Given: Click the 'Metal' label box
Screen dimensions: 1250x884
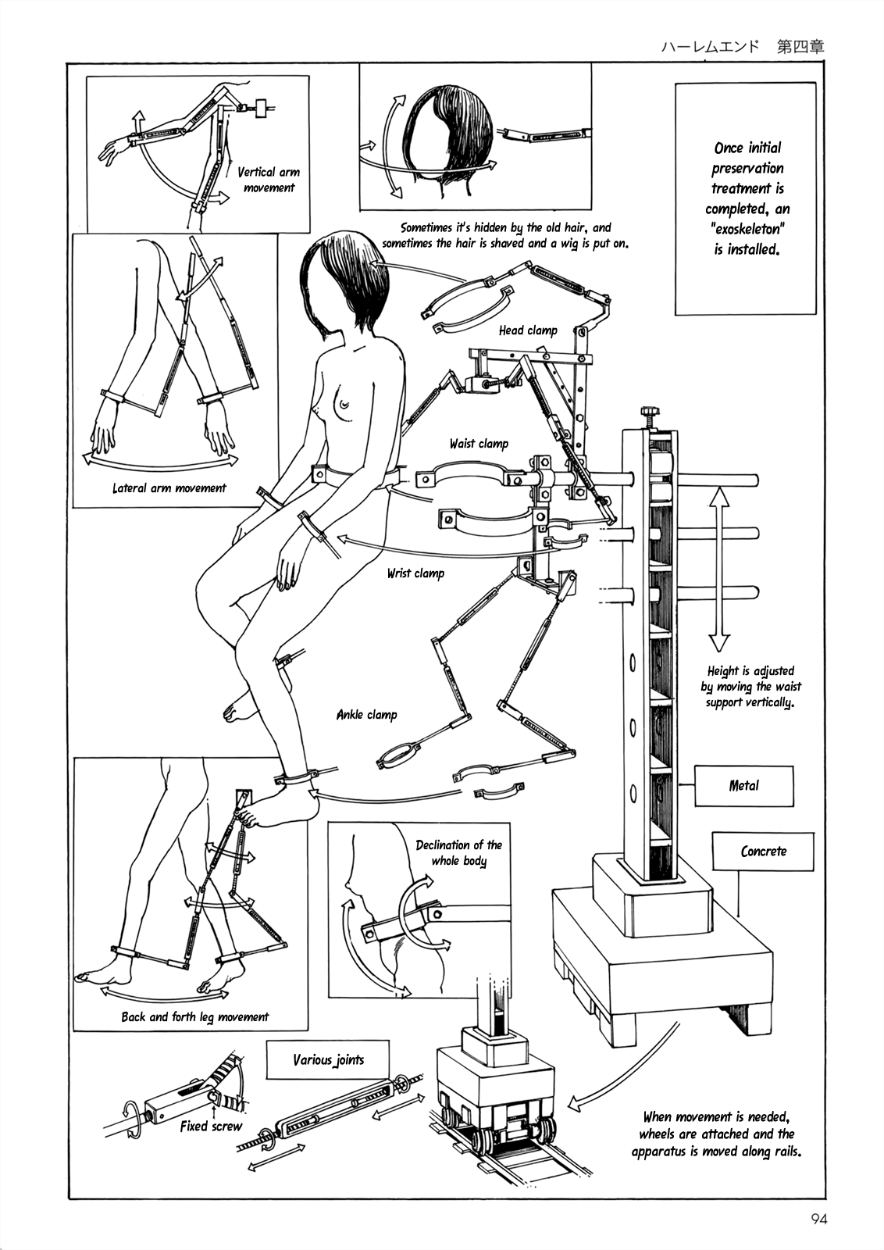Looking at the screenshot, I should pos(743,786).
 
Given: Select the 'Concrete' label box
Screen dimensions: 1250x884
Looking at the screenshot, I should pos(763,852).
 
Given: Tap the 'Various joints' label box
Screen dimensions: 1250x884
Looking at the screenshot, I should pos(328,1060).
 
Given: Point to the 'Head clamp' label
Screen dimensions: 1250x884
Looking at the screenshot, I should pos(528,330).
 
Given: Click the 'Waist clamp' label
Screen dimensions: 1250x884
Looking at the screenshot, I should pos(478,444).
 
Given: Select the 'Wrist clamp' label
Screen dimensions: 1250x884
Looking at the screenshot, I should pos(415,573).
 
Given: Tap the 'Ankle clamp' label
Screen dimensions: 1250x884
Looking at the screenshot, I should pos(366,714).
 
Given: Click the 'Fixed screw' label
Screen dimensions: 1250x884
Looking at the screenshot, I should pos(211,1127).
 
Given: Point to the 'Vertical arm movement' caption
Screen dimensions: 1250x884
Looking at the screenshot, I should pos(268,180).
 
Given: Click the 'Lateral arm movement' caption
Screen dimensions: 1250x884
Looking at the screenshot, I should pos(169,488).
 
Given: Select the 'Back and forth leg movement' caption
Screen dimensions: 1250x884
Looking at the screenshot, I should pos(194,1017).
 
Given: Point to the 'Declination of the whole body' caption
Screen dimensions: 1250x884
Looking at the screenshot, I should pos(458,853).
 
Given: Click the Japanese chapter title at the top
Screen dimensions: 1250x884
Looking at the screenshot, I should pos(739,46).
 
